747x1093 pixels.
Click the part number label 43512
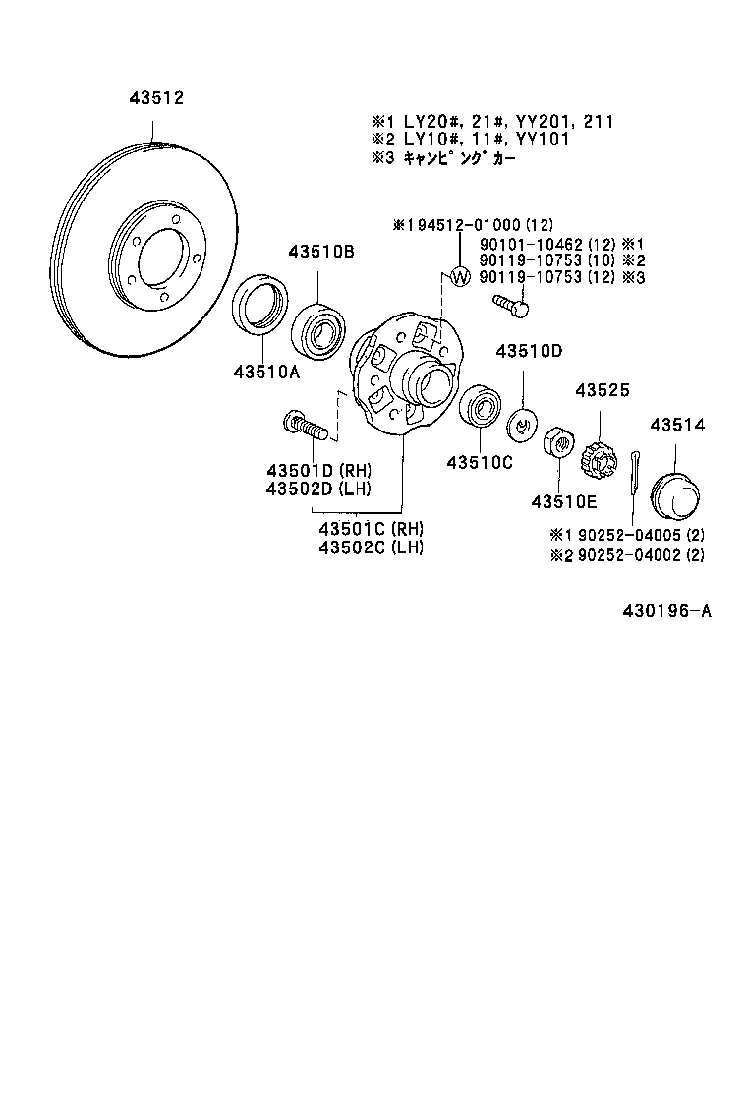[156, 98]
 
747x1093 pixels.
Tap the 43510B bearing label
[320, 252]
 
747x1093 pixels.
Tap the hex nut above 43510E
[558, 443]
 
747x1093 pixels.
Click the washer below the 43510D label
[521, 426]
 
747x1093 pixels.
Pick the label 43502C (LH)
[371, 547]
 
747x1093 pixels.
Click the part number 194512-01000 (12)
[469, 225]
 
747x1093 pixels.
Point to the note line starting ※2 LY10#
[470, 140]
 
